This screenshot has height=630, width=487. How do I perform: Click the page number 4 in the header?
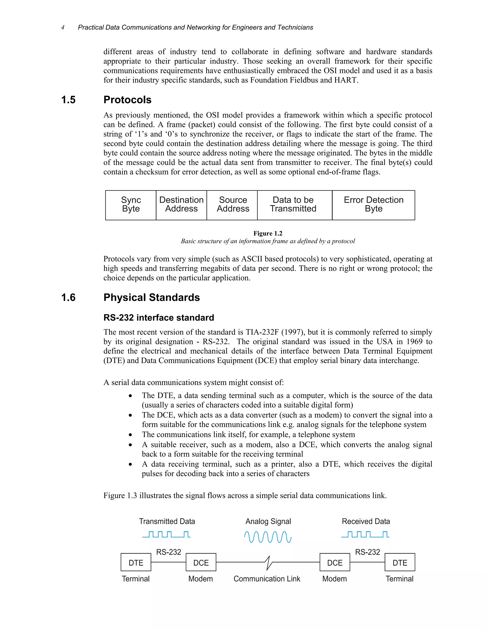click(63, 27)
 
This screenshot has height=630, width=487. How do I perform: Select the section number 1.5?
click(68, 100)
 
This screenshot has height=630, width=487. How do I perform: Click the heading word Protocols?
click(127, 100)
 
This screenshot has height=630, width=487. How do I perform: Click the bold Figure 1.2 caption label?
click(268, 233)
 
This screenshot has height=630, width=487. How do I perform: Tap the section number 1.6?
click(68, 297)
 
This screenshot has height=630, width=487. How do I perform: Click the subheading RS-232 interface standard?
click(159, 318)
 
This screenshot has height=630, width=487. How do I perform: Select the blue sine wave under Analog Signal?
click(268, 537)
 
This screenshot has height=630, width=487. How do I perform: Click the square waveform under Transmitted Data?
click(166, 534)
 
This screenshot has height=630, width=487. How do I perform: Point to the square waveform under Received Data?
click(365, 534)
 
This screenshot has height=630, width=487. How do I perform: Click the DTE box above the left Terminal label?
click(136, 562)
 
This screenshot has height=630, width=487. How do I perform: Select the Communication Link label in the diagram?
click(267, 579)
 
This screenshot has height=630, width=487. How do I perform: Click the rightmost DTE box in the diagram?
click(400, 562)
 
